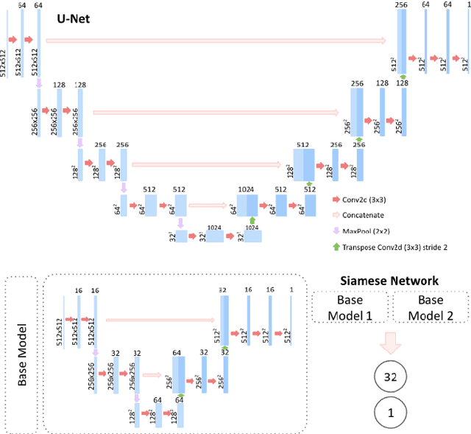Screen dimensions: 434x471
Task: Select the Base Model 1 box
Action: pyautogui.click(x=350, y=307)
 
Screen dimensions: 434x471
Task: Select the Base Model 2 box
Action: pyautogui.click(x=431, y=307)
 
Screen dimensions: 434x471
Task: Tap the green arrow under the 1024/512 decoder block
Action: pyautogui.click(x=252, y=220)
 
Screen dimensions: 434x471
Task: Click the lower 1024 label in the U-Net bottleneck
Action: pyautogui.click(x=252, y=228)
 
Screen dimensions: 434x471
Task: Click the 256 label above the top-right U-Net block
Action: pyautogui.click(x=400, y=6)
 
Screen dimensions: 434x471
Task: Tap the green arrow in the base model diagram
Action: pyautogui.click(x=179, y=398)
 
